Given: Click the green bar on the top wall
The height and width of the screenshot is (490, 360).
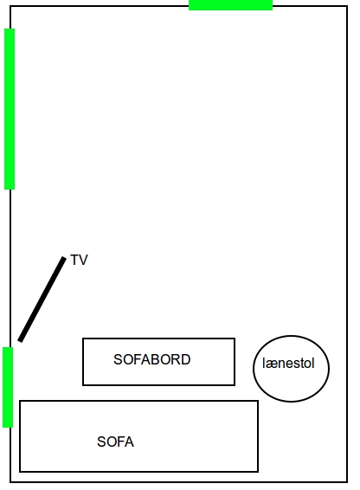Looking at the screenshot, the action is coord(230,5).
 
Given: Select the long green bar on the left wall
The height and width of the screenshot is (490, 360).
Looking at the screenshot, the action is coord(10,109).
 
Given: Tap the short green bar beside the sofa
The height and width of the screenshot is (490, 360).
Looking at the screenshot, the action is coord(8,387).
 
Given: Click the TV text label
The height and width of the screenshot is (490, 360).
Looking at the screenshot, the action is coord(79,260).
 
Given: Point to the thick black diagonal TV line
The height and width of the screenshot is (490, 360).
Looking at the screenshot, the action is coord(42,299).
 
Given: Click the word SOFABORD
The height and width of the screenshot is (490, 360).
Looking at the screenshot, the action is coord(152,359).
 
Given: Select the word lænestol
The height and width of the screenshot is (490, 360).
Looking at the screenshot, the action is coord(288,364).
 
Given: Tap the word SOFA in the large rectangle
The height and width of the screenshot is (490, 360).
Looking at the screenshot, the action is coord(115,442).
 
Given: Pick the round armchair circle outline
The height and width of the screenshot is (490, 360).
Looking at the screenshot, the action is coord(291,336).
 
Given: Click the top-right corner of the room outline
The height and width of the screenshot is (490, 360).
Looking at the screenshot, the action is coord(347,6).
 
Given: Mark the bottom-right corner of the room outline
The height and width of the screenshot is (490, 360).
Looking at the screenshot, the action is coord(347,482).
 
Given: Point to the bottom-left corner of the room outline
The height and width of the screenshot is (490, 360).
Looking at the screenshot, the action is coord(10,482).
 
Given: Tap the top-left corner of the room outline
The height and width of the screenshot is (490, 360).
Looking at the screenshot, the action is coord(10,6).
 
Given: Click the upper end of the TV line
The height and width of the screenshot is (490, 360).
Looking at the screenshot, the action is coord(64,257).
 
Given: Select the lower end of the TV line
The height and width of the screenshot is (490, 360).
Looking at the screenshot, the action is coord(20,340).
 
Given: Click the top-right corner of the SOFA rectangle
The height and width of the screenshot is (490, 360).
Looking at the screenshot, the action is coord(258,401).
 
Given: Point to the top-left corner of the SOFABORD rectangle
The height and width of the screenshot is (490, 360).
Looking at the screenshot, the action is coord(83,338).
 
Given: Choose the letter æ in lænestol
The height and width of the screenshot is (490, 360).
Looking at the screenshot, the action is coord(270,364).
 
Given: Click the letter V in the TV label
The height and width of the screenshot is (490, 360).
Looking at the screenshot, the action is coord(83,260).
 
